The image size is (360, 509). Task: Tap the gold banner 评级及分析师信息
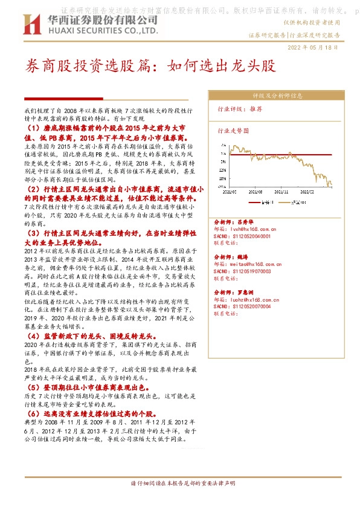[x=277, y=96]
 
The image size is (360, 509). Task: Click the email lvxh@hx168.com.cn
[x=251, y=230]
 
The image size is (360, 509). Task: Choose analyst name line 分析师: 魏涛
[x=233, y=258]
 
